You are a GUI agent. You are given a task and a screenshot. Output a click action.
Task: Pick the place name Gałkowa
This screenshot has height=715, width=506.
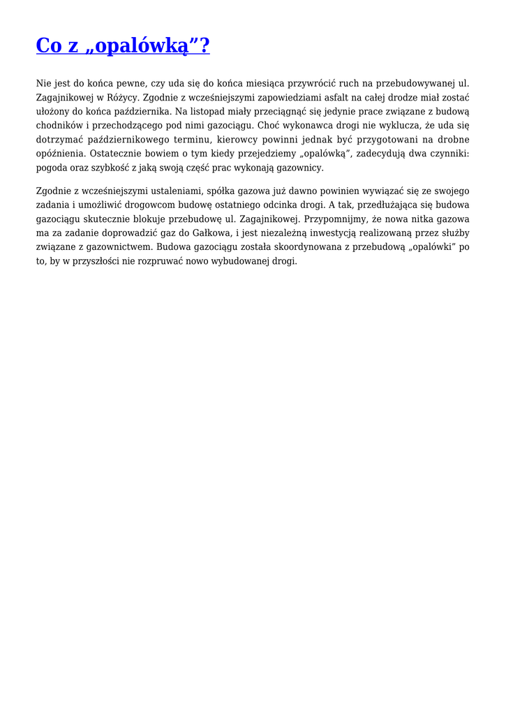click(215, 233)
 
